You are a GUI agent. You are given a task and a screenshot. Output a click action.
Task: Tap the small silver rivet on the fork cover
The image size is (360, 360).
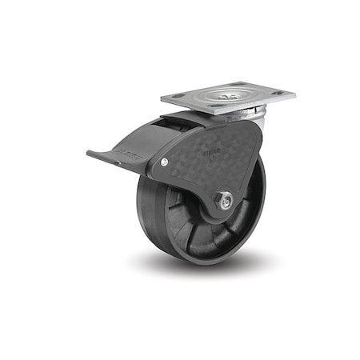click(x=166, y=163)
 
